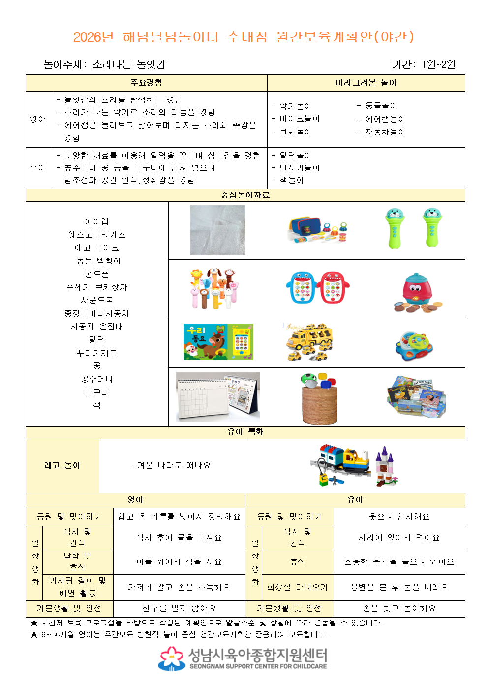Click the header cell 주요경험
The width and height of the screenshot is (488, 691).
pyautogui.click(x=146, y=83)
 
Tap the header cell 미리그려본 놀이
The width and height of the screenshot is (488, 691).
pyautogui.click(x=366, y=83)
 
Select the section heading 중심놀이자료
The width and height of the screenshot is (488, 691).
pyautogui.click(x=245, y=195)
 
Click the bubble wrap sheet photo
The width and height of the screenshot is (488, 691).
pyautogui.click(x=217, y=230)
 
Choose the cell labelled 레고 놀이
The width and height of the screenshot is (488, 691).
pyautogui.click(x=62, y=465)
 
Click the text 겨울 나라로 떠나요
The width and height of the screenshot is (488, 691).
pyautogui.click(x=172, y=465)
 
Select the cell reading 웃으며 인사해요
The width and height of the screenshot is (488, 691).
pyautogui.click(x=399, y=517)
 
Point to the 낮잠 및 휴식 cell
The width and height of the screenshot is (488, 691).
pyautogui.click(x=78, y=562)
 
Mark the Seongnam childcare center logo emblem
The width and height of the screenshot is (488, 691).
pyautogui.click(x=171, y=658)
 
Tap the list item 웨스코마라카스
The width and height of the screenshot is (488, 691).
pyautogui.click(x=97, y=235)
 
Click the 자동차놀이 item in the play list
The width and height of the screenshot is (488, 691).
pyautogui.click(x=385, y=132)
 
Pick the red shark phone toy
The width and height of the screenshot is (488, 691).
pyautogui.click(x=334, y=288)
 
